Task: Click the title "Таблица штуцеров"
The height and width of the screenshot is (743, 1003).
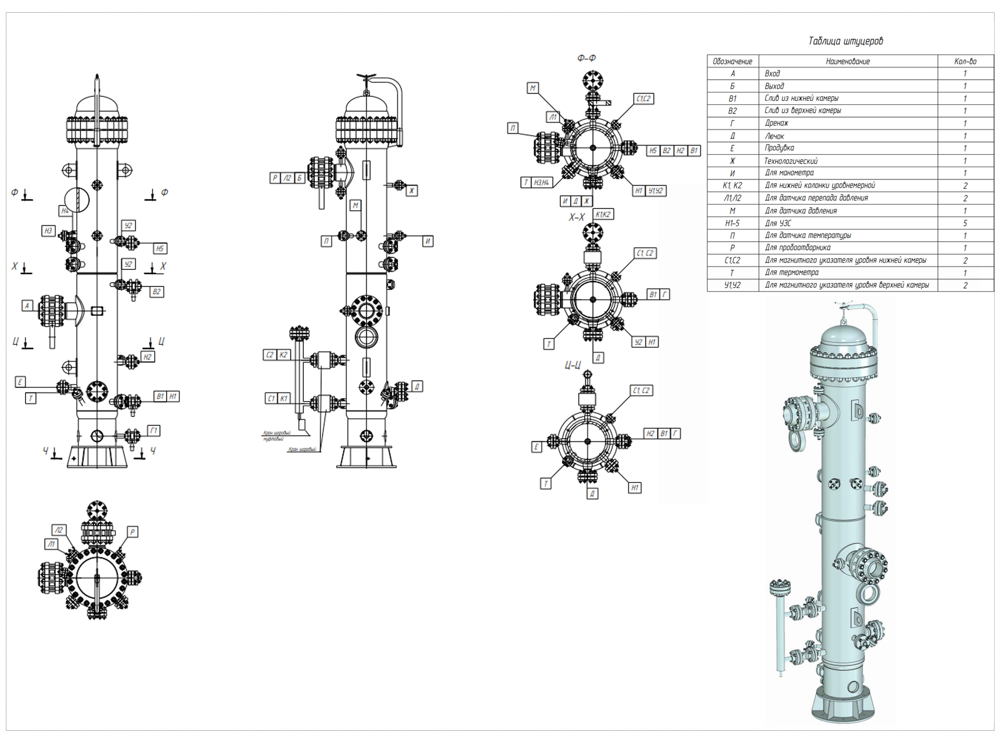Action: [x=845, y=41]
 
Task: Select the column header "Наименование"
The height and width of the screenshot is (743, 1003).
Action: [x=848, y=61]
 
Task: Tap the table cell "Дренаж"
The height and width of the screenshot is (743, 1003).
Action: [x=776, y=123]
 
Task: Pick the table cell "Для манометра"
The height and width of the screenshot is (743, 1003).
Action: [x=789, y=173]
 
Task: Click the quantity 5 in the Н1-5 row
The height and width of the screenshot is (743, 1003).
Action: [x=965, y=223]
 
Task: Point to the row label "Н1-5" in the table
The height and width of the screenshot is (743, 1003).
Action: [x=732, y=223]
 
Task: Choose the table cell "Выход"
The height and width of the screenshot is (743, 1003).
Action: [x=774, y=86]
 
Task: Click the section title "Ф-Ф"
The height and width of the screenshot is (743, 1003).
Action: [x=586, y=58]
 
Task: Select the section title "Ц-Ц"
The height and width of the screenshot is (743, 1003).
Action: [x=573, y=365]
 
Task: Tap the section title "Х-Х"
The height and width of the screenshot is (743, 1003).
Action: [x=577, y=217]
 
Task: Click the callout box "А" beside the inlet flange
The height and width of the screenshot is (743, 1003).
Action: [x=27, y=306]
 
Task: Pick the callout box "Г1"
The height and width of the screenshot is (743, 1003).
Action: [x=153, y=431]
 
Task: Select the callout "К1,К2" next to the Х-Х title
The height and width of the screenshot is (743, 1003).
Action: [x=603, y=214]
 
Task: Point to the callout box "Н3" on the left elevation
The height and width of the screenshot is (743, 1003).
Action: [x=48, y=231]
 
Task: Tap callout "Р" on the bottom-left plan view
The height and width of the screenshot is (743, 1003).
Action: [x=132, y=531]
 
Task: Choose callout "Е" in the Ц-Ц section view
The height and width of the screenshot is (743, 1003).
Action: [x=536, y=447]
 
